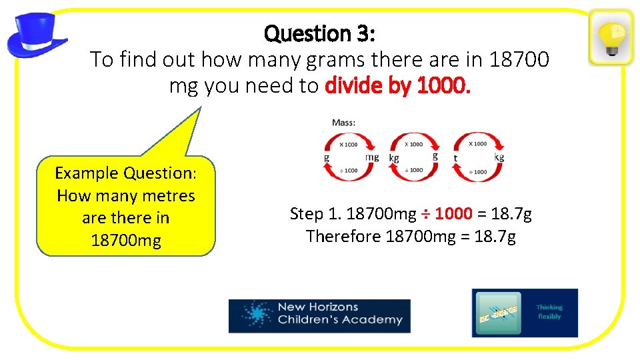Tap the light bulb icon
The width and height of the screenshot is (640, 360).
611,37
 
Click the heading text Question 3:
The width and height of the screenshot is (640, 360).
319,33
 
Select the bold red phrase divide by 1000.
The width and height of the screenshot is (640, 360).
397,85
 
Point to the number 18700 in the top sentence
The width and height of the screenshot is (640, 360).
519,60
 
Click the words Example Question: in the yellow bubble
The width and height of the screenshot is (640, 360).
125,173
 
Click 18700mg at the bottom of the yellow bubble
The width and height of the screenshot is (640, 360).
125,240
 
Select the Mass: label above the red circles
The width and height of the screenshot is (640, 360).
344,123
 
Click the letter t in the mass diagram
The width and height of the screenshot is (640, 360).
456,158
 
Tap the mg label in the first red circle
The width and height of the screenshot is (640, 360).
372,157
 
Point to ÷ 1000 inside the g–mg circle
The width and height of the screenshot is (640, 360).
348,171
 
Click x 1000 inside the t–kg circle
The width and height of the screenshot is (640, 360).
477,144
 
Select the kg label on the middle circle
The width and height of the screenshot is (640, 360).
394,158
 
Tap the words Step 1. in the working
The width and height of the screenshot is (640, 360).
315,214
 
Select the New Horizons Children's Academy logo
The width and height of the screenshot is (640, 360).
319,315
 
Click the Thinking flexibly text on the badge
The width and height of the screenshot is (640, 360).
549,312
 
